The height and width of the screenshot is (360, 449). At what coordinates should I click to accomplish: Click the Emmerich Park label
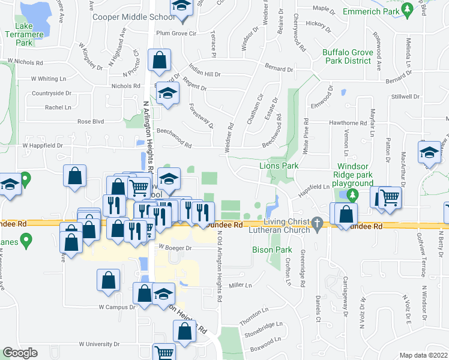click(370, 11)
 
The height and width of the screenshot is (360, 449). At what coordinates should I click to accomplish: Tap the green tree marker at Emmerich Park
click(408, 9)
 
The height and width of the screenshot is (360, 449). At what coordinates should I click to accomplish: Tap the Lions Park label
click(278, 166)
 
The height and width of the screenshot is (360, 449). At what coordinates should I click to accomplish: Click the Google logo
click(20, 353)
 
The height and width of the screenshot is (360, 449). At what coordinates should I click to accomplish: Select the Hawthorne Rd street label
click(347, 122)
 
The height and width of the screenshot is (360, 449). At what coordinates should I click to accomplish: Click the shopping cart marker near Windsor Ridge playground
click(390, 196)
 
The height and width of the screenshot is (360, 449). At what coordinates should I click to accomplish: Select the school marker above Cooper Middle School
click(180, 7)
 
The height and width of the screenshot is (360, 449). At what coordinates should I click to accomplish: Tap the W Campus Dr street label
click(118, 307)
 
